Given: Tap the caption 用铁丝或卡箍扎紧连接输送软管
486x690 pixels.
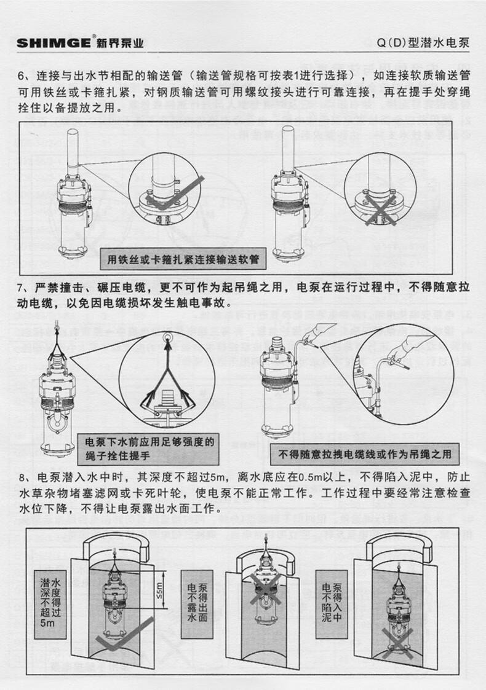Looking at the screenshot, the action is click(x=183, y=260).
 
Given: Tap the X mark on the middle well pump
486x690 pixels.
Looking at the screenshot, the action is click(x=265, y=588).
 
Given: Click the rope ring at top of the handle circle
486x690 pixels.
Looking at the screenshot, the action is click(x=167, y=337).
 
